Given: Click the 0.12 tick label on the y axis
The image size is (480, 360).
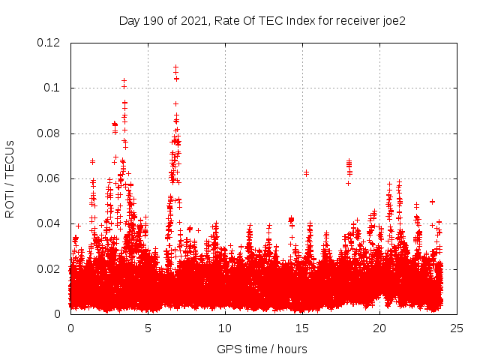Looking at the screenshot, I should pos(49,43).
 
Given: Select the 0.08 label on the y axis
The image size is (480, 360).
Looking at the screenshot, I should pos(49,133).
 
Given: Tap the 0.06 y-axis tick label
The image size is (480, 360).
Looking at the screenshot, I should pos(49,178).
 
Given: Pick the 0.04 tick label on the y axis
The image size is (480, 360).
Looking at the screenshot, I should pos(49,223).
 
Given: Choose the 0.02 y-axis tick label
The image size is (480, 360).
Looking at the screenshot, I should pos(49,269).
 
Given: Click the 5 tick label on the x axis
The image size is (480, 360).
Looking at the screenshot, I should pos(148,328).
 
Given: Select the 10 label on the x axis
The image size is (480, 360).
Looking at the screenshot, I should pos(225,328).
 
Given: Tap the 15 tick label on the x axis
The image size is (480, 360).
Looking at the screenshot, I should pos(302,328).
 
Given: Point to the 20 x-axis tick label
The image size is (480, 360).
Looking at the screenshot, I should pos(379,328).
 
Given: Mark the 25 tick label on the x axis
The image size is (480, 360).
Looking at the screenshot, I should pos(457,328).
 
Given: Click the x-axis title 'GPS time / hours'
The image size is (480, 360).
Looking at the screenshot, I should pos(262,349).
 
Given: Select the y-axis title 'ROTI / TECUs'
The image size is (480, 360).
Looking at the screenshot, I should pos(10,179).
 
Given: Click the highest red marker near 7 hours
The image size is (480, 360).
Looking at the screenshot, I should pos(176,67).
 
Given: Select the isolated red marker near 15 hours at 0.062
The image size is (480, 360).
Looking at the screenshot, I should pos(306,173).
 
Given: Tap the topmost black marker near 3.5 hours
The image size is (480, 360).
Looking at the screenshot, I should pos(124,80).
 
